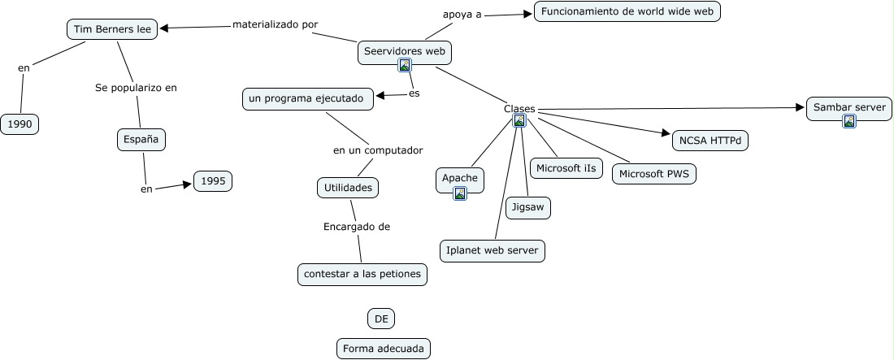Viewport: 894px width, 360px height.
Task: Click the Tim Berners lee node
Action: click(112, 30)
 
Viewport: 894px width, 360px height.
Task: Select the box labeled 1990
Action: click(20, 124)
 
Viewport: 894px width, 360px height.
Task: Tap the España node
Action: click(141, 140)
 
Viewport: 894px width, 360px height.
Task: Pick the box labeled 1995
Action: click(213, 181)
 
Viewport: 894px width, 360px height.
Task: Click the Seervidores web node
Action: click(405, 51)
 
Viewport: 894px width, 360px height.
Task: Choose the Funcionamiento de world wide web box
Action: click(627, 12)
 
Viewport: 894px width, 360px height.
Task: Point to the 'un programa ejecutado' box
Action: click(310, 99)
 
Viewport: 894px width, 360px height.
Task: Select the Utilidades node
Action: click(348, 188)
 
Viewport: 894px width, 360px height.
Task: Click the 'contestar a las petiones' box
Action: click(362, 275)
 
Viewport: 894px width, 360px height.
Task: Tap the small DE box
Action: click(381, 319)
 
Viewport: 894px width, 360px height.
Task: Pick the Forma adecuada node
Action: click(384, 349)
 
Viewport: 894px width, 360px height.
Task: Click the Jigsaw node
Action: click(528, 208)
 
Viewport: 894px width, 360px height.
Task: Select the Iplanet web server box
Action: click(493, 251)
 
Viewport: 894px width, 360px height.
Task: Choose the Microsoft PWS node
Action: click(654, 174)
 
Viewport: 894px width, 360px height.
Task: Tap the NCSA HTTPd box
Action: click(710, 140)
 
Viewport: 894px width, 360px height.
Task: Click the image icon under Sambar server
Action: click(849, 121)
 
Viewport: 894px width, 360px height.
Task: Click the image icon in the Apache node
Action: click(460, 193)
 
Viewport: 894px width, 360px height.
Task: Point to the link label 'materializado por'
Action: click(275, 24)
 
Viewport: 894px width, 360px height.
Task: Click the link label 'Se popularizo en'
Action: click(136, 88)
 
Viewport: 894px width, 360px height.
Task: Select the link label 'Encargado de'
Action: click(357, 227)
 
